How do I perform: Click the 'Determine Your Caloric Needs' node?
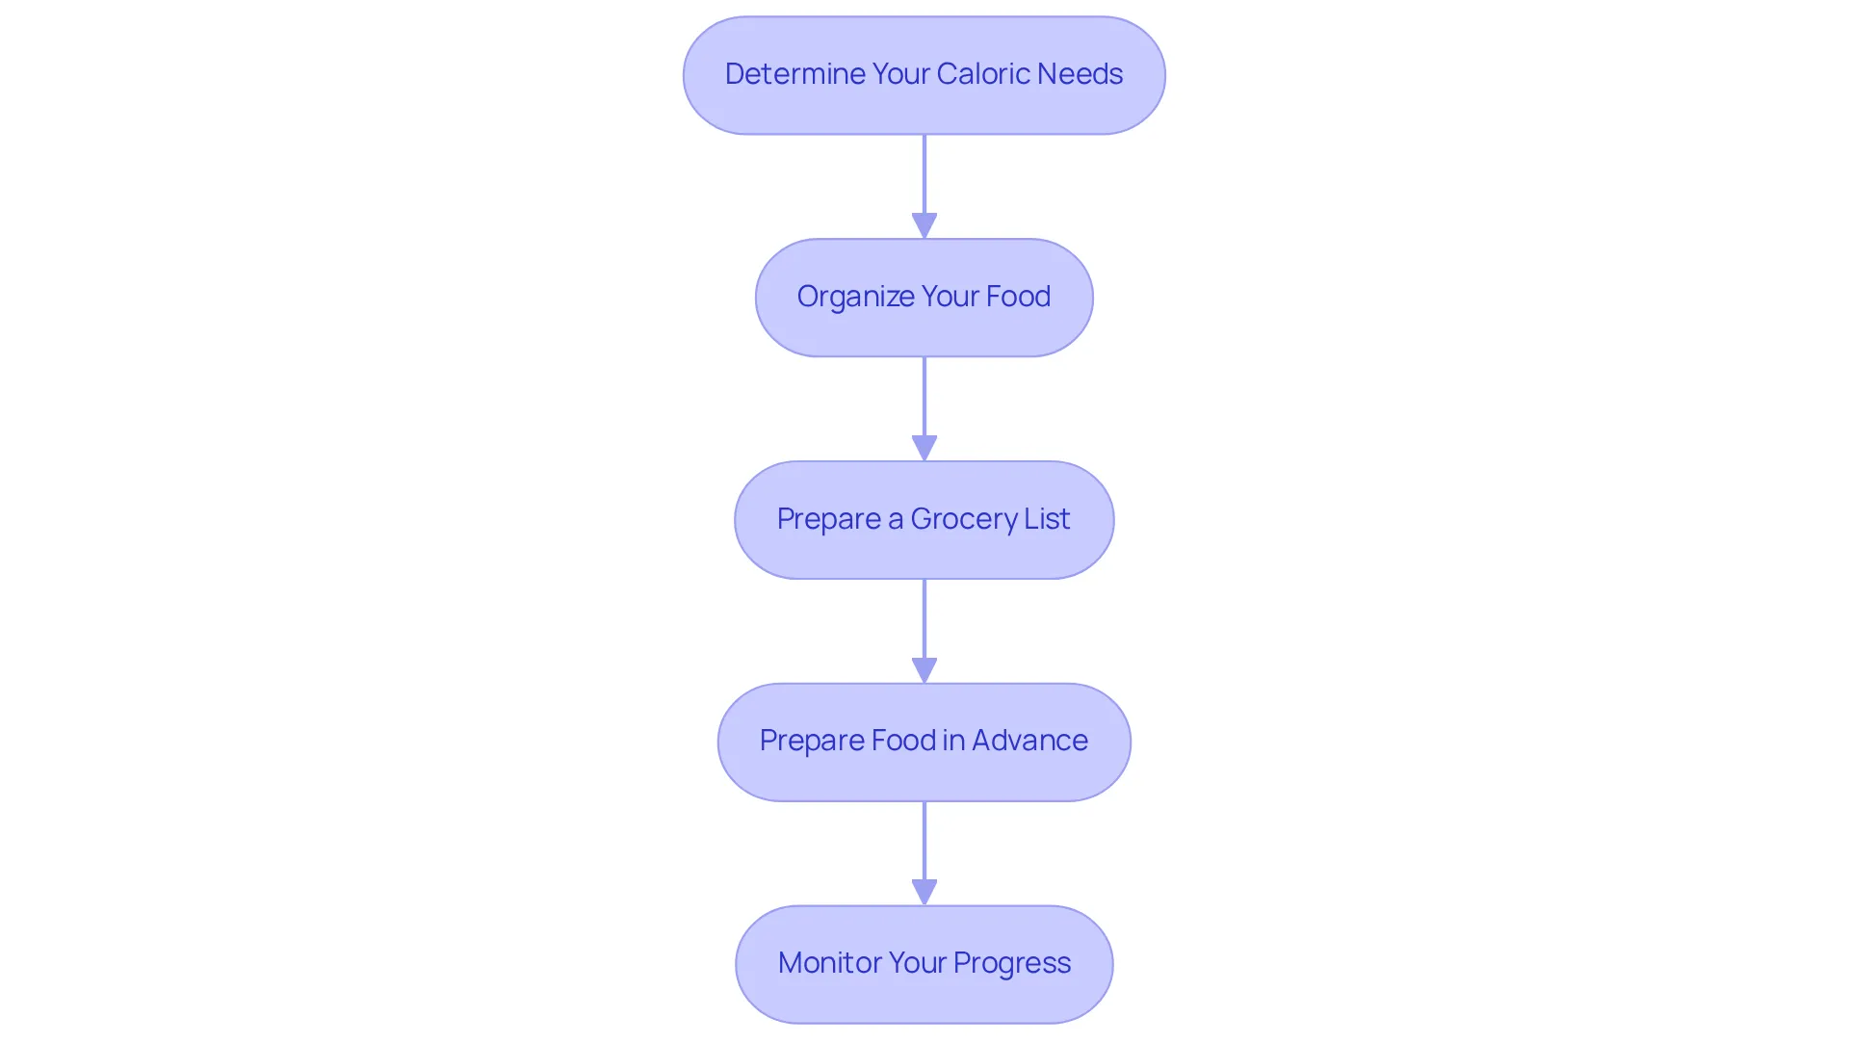click(x=924, y=75)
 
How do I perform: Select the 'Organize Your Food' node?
click(x=924, y=298)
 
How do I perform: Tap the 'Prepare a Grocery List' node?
click(x=924, y=520)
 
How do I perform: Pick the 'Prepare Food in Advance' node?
click(x=924, y=743)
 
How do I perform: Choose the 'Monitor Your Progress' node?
click(x=924, y=964)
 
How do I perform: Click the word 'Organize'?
click(x=855, y=297)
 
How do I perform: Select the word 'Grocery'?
click(x=963, y=520)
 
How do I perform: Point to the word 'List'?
click(x=1047, y=519)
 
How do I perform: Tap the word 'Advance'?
click(x=1029, y=741)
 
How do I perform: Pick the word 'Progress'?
click(x=1012, y=964)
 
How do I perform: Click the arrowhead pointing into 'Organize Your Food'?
click(x=924, y=226)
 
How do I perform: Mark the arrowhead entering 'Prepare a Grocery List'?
click(x=924, y=449)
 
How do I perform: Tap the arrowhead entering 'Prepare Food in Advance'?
click(x=924, y=671)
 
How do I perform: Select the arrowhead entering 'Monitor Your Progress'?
click(x=924, y=893)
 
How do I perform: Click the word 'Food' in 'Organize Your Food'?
click(x=1019, y=297)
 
